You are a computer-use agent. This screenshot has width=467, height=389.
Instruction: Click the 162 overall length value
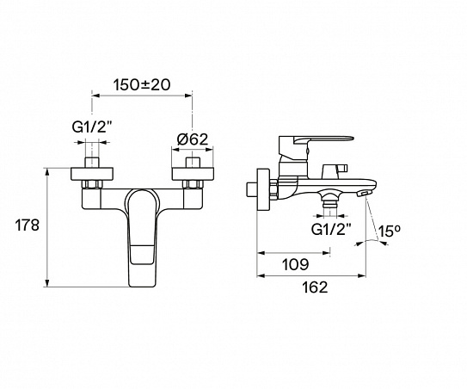pyautogui.click(x=315, y=287)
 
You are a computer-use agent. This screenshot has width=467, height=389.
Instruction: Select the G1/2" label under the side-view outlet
pyautogui.click(x=329, y=230)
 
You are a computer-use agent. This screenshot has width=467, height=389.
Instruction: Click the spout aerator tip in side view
pyautogui.click(x=366, y=194)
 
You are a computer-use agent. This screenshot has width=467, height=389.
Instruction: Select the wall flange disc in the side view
pyautogui.click(x=261, y=188)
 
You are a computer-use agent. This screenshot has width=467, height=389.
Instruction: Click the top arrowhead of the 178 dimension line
pyautogui.click(x=48, y=171)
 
